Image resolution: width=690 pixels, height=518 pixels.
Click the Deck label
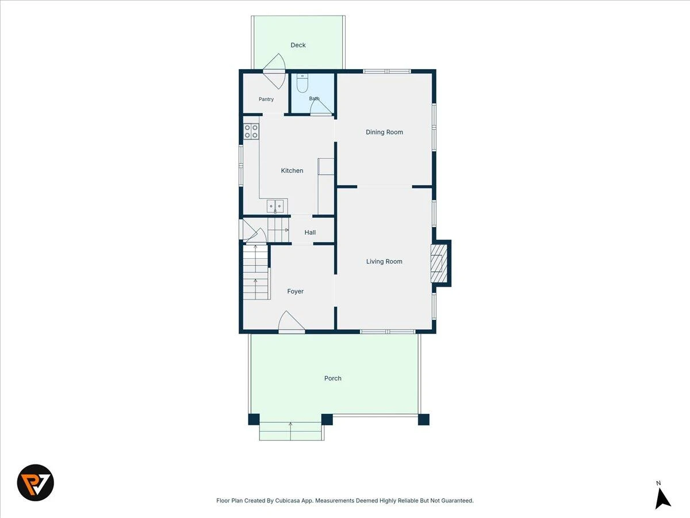(298, 45)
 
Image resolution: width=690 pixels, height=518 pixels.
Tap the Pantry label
(266, 99)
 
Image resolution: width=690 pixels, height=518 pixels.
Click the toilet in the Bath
(302, 83)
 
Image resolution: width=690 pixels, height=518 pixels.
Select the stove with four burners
(251, 131)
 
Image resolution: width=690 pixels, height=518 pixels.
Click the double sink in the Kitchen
(275, 206)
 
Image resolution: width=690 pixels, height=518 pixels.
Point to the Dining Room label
(384, 132)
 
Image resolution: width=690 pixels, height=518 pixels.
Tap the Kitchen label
(292, 170)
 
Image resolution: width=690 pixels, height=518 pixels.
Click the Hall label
(310, 233)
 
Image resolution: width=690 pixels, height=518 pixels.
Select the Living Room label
(384, 261)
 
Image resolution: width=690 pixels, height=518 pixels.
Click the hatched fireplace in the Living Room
(439, 264)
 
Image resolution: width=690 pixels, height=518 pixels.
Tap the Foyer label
(295, 291)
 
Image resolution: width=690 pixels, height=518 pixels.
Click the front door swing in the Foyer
(292, 322)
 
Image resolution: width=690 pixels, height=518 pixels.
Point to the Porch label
(332, 378)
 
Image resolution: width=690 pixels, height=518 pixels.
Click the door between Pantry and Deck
(274, 71)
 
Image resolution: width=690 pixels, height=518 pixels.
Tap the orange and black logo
(36, 482)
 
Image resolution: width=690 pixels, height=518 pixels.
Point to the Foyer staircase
(256, 272)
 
